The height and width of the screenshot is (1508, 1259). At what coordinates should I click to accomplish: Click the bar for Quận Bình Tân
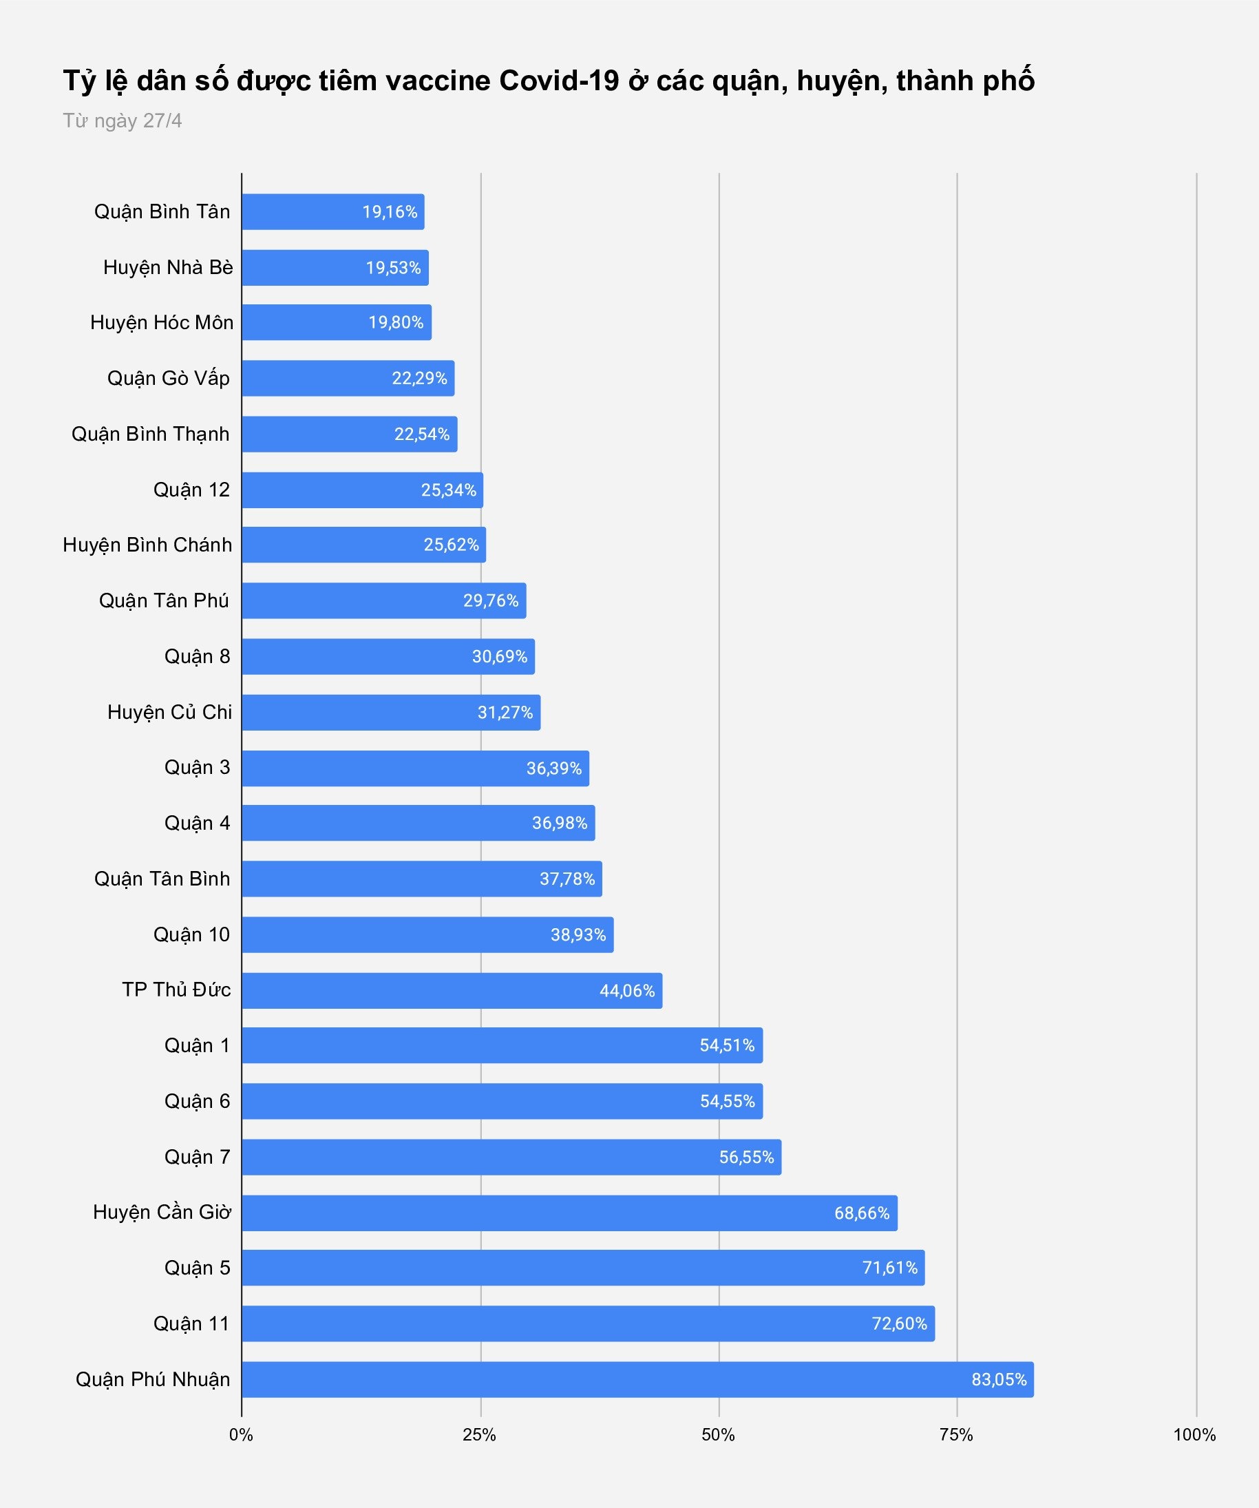point(333,212)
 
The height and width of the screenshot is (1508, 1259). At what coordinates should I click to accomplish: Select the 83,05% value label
point(998,1379)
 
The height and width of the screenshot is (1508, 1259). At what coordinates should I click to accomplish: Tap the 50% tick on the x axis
point(718,1436)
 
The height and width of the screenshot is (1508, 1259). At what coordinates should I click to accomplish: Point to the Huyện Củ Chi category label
point(169,713)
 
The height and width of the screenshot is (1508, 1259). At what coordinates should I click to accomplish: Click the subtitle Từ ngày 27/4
point(122,121)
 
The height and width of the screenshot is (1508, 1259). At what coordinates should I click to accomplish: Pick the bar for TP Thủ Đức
point(452,991)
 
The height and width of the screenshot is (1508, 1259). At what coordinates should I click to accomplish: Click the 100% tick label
point(1194,1436)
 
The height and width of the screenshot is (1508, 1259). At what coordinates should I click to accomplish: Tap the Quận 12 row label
point(191,490)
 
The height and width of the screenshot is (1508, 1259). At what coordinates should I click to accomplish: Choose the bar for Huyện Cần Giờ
point(569,1213)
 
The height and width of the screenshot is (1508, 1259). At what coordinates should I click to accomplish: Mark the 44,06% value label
point(626,991)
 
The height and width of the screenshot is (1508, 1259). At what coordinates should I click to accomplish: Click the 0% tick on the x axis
point(241,1436)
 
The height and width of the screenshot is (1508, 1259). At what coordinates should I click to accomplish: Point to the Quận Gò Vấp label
point(169,379)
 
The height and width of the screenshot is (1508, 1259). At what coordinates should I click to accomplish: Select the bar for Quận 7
point(511,1157)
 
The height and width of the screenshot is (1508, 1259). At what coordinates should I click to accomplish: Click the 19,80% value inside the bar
point(396,322)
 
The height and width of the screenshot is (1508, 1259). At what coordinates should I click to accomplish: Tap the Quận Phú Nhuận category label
point(153,1379)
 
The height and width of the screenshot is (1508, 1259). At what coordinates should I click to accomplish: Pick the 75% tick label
point(956,1436)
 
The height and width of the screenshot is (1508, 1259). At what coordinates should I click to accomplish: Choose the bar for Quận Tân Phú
point(384,600)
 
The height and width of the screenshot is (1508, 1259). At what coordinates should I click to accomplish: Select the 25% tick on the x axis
point(480,1436)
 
